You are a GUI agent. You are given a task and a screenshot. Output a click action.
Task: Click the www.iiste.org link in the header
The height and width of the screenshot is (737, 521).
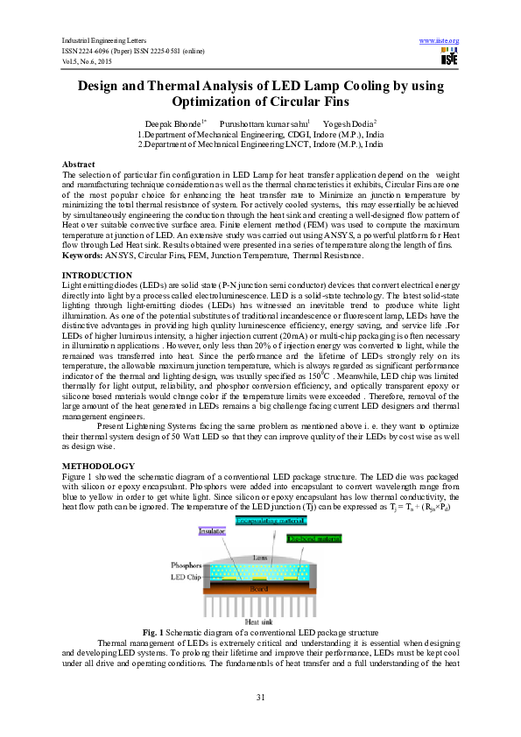[x=440, y=41]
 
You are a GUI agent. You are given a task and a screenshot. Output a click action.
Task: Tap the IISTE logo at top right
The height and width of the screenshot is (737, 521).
[x=450, y=58]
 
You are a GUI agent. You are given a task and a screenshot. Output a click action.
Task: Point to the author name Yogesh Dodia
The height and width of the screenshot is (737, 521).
[x=349, y=125]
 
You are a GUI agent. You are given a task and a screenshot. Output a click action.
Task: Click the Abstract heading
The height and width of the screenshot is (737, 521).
[x=79, y=165]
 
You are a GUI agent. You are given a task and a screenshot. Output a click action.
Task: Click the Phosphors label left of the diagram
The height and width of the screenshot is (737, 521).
[x=186, y=566]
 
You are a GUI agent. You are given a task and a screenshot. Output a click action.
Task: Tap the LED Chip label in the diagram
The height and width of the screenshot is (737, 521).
[x=187, y=578]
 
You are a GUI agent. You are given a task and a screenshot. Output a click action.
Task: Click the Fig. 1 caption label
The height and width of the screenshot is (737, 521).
[x=151, y=632]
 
